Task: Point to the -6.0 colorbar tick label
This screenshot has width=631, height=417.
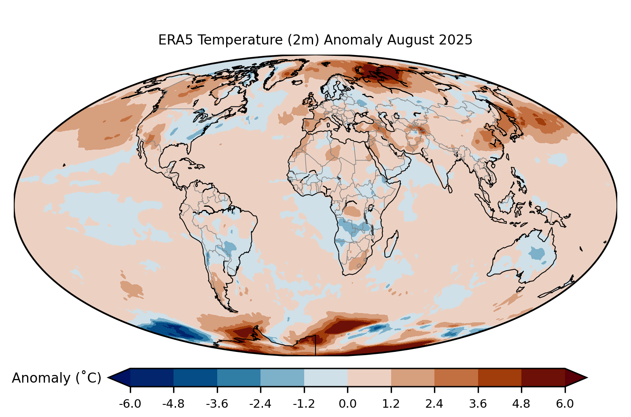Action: tap(130, 404)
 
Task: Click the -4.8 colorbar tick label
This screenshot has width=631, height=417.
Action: tap(174, 404)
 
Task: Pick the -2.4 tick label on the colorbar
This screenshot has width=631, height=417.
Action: tap(260, 404)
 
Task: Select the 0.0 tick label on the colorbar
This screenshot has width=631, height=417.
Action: tap(347, 404)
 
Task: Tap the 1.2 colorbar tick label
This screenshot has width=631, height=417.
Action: tap(391, 404)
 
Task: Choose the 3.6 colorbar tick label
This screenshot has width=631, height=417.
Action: tap(478, 404)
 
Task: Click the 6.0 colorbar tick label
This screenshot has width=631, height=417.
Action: tap(565, 404)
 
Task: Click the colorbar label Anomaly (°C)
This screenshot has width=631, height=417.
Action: tap(56, 378)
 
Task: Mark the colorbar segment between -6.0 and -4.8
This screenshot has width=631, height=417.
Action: tap(152, 377)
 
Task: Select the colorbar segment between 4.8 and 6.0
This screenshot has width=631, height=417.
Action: tap(543, 377)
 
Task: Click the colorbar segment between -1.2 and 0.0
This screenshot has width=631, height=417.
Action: tap(326, 377)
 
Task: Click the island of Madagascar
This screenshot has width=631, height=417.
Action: tap(391, 244)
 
